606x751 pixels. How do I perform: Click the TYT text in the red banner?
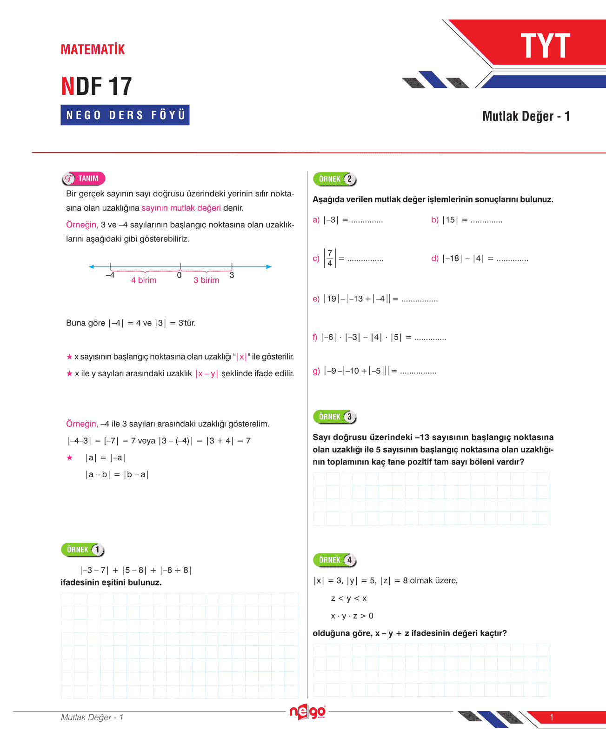[x=545, y=46]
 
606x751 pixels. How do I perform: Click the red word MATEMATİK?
[x=93, y=49]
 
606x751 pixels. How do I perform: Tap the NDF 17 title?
[x=97, y=86]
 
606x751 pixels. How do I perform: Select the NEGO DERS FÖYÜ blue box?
[x=125, y=115]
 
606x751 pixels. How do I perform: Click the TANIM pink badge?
[x=84, y=179]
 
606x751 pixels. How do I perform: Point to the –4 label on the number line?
[x=110, y=275]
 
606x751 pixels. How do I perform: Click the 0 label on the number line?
[x=179, y=275]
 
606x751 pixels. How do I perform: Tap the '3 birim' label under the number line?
[x=206, y=280]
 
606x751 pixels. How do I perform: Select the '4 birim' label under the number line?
[x=144, y=280]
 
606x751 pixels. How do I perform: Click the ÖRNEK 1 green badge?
[x=83, y=550]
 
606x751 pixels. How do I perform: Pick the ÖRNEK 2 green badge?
[x=335, y=179]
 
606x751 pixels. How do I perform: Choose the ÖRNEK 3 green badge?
[x=335, y=417]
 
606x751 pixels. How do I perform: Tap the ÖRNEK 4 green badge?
[x=335, y=560]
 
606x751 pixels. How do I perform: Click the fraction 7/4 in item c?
[x=330, y=258]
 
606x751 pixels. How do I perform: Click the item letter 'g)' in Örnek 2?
[x=316, y=371]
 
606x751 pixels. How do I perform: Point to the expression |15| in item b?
[x=450, y=220]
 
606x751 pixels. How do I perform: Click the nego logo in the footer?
[x=307, y=712]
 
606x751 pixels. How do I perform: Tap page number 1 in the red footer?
[x=552, y=717]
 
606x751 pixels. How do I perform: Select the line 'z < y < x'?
[x=349, y=598]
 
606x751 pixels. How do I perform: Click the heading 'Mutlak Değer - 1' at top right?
[x=526, y=116]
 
